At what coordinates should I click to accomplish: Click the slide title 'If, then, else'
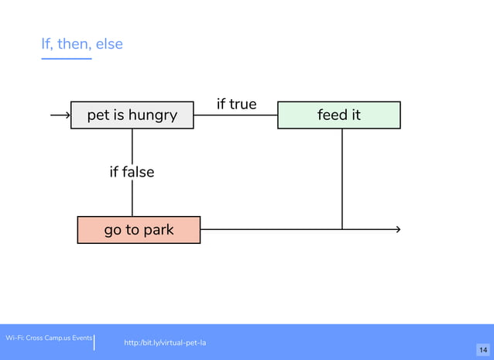coord(82,44)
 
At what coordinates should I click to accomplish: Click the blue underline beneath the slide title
coord(66,58)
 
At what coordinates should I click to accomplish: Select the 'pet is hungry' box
coord(132,115)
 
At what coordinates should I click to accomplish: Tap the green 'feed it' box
coord(338,115)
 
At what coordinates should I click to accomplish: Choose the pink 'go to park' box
coord(139,230)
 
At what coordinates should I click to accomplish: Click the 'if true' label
coord(236,104)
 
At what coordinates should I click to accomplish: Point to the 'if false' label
coord(132,172)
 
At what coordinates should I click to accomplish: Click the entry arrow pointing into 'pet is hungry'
coord(60,115)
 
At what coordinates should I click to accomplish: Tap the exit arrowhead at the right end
coord(397,229)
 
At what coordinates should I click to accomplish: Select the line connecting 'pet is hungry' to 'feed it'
coord(235,115)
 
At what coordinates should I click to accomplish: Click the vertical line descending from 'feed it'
coord(342,178)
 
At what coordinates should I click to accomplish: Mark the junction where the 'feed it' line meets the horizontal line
coord(342,229)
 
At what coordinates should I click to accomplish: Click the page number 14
coord(482,351)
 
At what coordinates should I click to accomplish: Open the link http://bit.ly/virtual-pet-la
coord(165,342)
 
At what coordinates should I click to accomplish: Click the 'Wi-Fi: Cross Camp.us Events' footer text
coord(49,338)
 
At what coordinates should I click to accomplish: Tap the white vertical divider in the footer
coord(94,342)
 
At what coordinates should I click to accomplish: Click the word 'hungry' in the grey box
coord(153,115)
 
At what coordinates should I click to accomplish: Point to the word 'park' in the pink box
coord(157,230)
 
